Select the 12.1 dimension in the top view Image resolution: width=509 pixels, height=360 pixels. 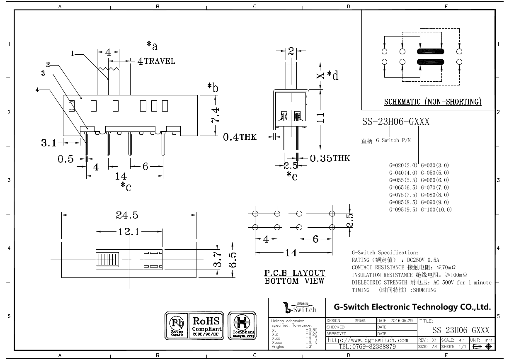coord(128,232)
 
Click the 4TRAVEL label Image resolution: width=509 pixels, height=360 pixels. coord(156,61)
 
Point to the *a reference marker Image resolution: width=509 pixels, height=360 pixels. coord(152,45)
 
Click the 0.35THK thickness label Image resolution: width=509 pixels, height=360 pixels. coord(330,158)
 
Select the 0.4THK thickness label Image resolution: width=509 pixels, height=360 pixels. coord(240,137)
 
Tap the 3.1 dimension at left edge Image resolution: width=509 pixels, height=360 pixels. coord(48,143)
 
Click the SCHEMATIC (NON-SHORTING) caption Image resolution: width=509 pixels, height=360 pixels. coord(432,102)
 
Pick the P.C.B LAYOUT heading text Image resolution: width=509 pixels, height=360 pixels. coord(295,273)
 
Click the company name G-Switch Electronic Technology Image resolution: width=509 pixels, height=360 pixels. coord(412,307)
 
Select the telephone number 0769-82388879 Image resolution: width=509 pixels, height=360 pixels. coord(367,346)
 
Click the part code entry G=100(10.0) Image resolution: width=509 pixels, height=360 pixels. coord(436,209)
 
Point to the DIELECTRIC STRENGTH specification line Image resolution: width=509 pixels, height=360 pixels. coord(421,282)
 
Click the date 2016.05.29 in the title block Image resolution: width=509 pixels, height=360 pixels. coord(397,321)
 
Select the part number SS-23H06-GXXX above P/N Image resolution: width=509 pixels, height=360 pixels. coord(395,122)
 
